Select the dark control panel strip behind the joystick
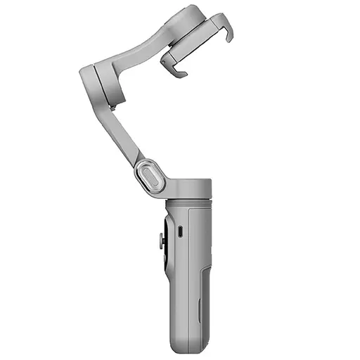click(164, 253)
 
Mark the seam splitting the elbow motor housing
click(96, 83)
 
